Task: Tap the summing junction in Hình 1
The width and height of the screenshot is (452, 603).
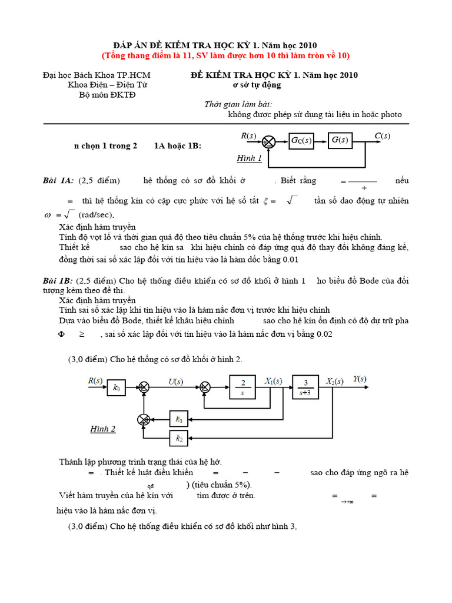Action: point(268,141)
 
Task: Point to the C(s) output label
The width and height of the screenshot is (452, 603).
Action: point(382,136)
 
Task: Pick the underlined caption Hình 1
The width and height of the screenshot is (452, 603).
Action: point(249,158)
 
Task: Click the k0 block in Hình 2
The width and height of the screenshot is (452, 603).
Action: point(116,387)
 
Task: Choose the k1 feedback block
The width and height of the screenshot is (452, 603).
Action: point(179,419)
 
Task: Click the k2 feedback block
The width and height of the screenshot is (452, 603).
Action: point(179,438)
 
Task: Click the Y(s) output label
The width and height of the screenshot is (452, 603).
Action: point(360,379)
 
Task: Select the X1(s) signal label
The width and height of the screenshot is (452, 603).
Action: point(273,380)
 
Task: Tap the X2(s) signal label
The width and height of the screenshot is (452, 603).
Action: point(335,380)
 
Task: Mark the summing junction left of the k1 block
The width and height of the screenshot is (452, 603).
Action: point(143,419)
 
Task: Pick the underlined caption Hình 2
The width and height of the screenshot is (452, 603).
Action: point(103,429)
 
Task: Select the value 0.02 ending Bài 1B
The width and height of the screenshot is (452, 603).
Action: point(323,334)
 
